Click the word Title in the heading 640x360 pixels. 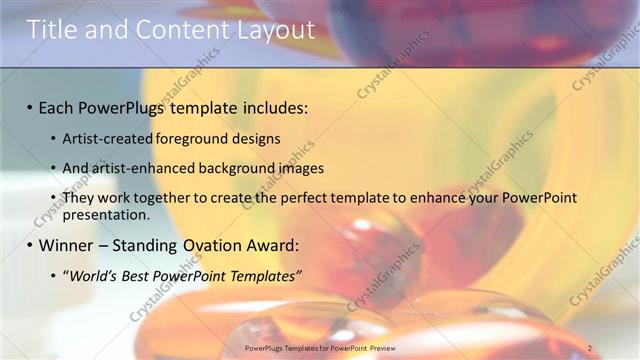tap(52, 30)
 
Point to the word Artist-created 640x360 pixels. tap(109, 139)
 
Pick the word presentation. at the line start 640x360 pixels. tap(106, 214)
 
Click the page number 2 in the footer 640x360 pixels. tap(590, 348)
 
